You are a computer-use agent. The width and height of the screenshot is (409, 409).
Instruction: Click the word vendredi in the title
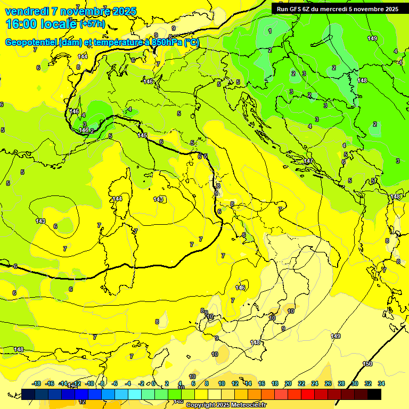click(x=27, y=11)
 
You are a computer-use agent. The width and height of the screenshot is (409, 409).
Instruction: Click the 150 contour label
click(x=367, y=364)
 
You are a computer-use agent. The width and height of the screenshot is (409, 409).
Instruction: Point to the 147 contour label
click(x=308, y=161)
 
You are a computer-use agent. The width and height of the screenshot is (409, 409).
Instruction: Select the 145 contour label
click(x=142, y=135)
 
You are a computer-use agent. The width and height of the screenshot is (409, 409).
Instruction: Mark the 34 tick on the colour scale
click(x=381, y=383)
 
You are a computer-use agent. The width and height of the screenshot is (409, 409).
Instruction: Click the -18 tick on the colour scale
click(x=36, y=383)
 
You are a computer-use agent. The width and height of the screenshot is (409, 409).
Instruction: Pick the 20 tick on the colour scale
click(x=288, y=383)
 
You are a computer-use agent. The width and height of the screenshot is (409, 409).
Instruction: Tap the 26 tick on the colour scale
click(x=328, y=383)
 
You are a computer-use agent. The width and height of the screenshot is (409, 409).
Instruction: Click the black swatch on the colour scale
click(x=374, y=394)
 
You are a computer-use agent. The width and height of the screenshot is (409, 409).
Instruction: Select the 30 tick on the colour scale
click(x=355, y=383)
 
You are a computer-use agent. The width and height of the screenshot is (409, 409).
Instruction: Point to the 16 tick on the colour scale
click(x=261, y=383)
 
